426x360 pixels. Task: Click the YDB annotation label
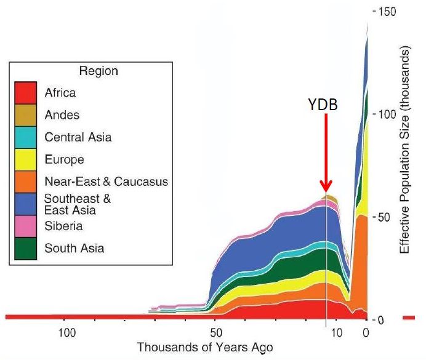324,105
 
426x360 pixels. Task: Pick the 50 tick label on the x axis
214,333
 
